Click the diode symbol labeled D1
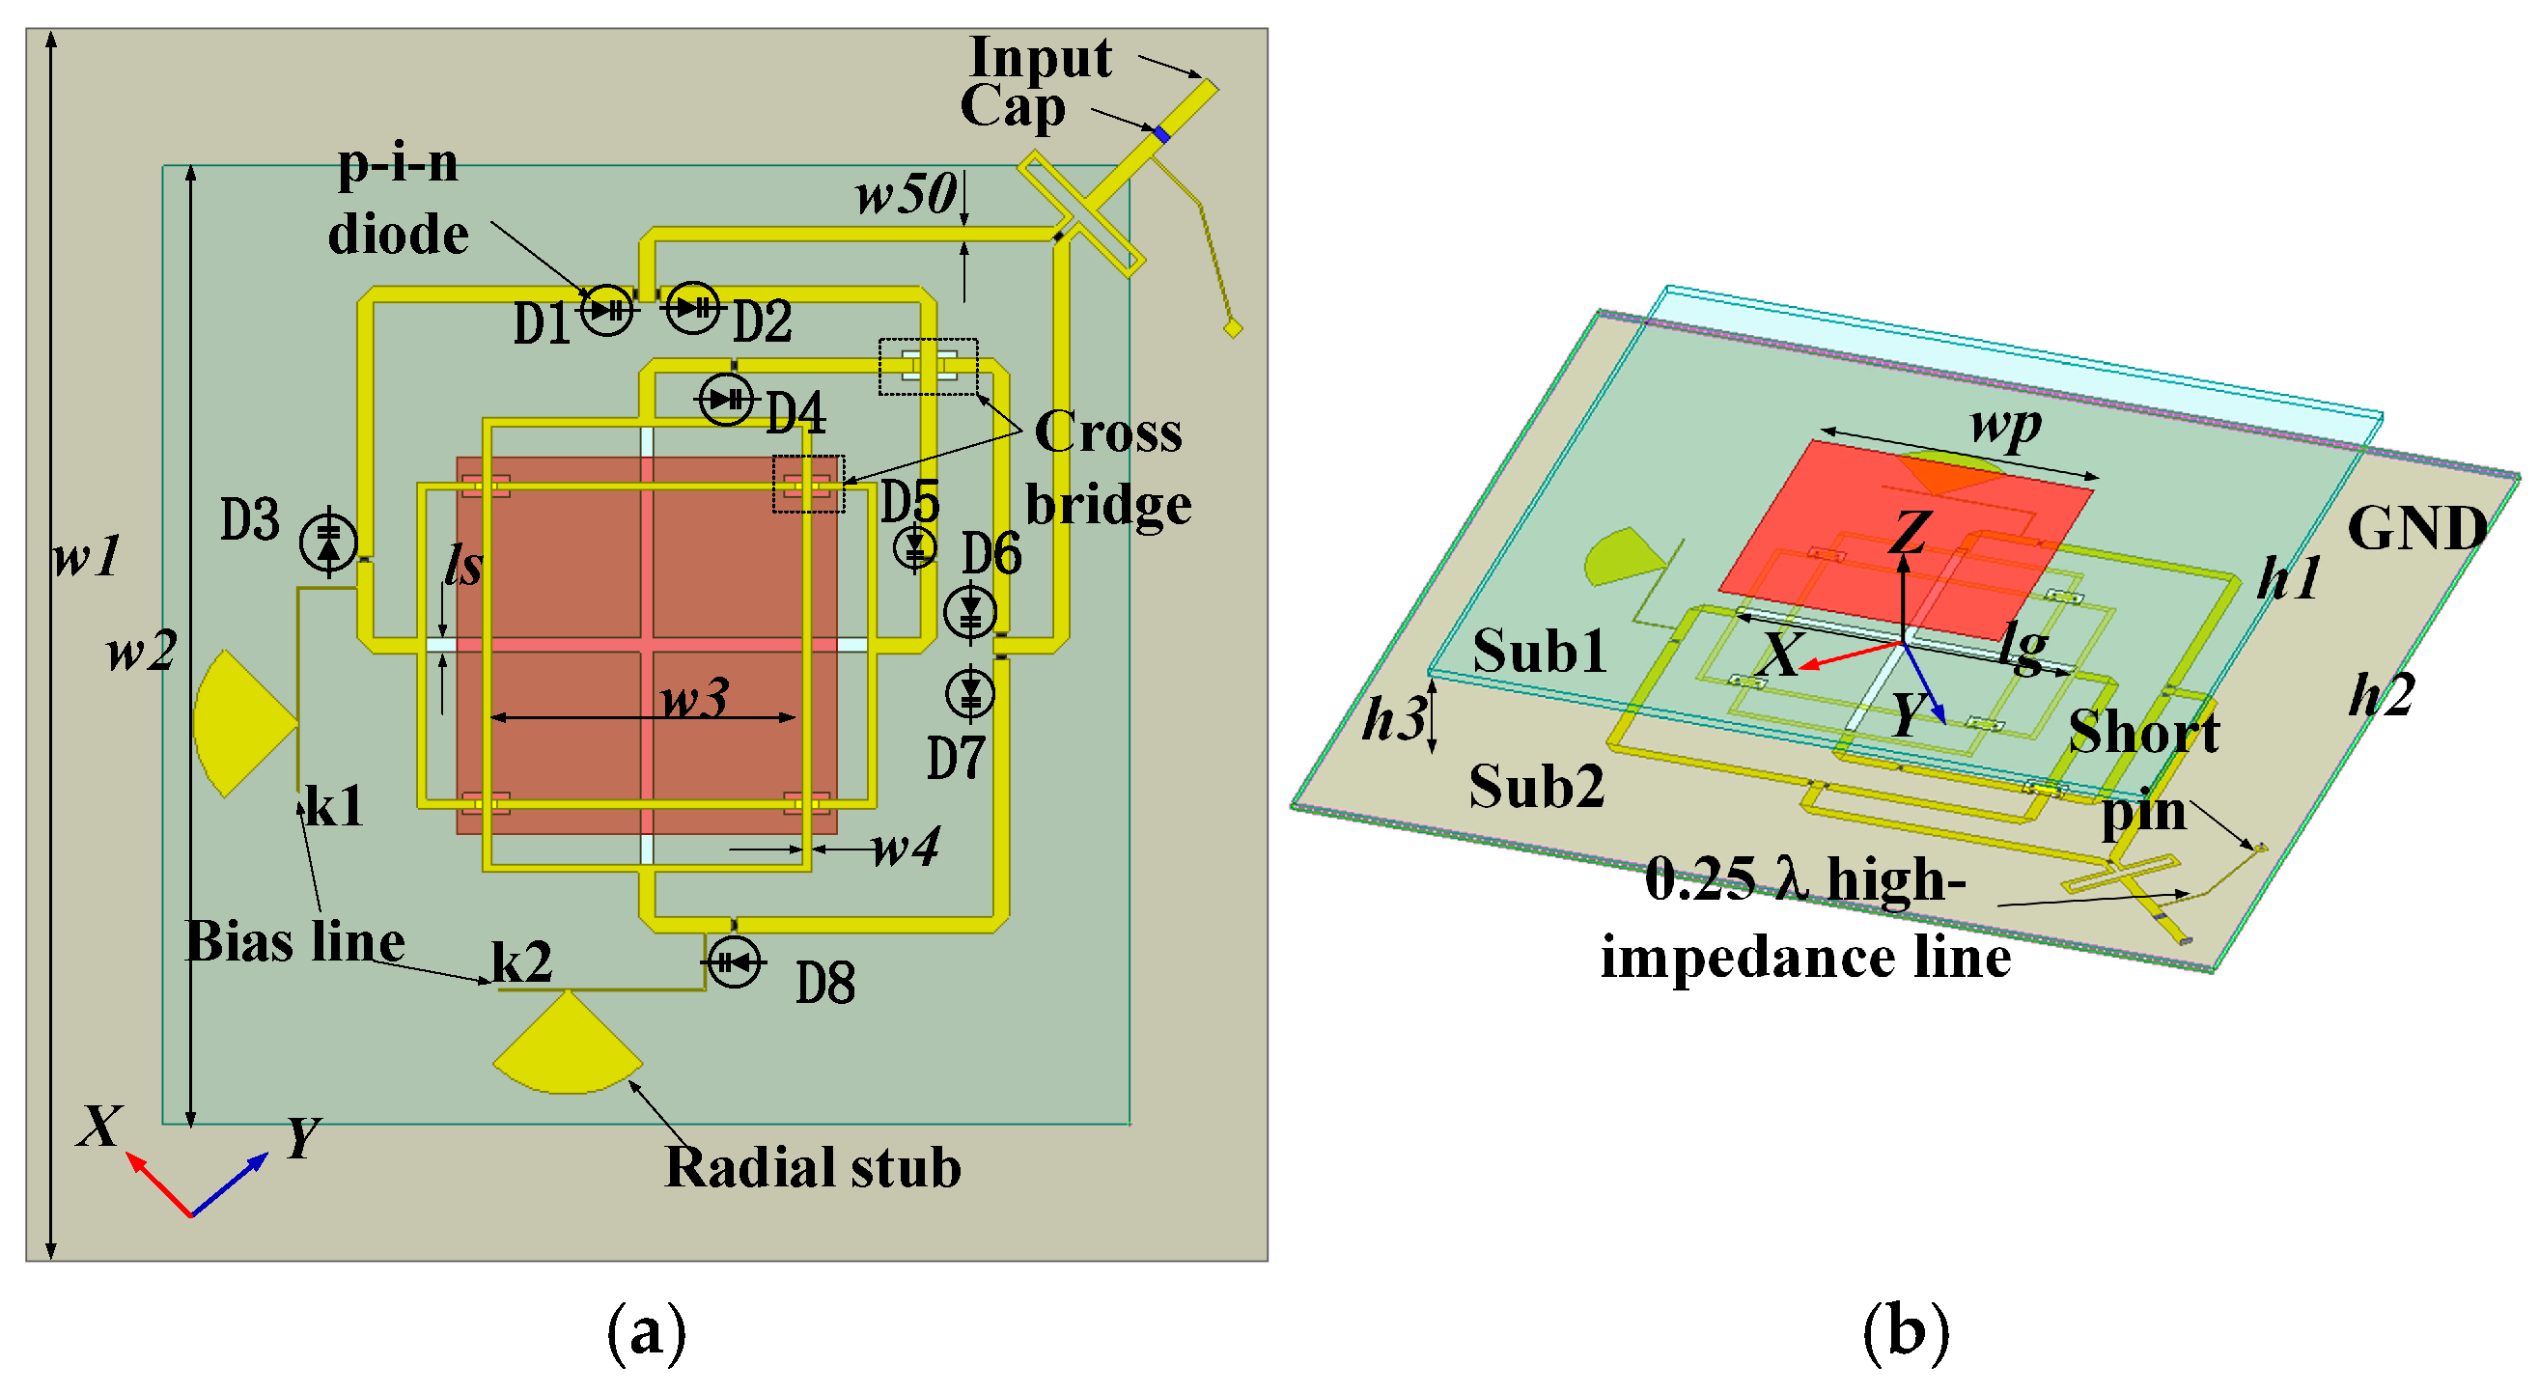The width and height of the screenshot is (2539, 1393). point(605,311)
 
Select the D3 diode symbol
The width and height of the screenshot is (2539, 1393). point(328,542)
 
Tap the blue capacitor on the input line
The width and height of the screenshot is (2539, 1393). point(1161,134)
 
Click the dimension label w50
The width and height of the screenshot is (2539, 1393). point(905,193)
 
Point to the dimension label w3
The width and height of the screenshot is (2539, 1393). point(694,698)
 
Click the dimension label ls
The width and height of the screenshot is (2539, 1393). point(462,566)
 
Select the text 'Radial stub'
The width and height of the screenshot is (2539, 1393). point(812,1167)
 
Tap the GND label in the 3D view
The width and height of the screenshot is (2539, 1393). point(2416,528)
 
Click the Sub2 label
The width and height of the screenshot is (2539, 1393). point(1536,786)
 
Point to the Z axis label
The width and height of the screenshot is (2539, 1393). point(1910,532)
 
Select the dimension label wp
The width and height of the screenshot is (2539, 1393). point(2005,425)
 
